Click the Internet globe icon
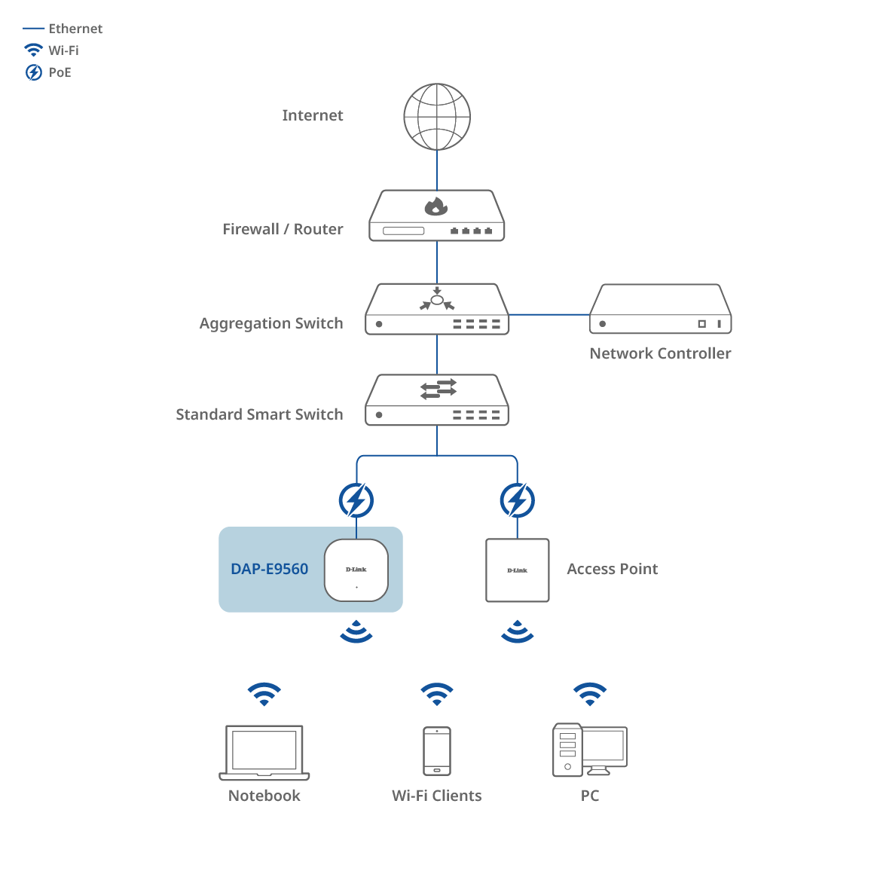coord(437,117)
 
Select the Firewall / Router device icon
coord(437,216)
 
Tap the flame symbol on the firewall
coord(436,206)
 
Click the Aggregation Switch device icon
coord(437,309)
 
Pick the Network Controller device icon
coord(660,309)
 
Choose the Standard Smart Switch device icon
coord(437,400)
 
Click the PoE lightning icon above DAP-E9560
coord(356,500)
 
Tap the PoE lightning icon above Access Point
coord(518,500)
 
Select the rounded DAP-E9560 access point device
coord(356,570)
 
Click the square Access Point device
coord(518,570)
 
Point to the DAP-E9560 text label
coord(270,570)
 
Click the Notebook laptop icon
coord(264,753)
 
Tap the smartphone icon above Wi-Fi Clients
coord(437,751)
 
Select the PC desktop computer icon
coord(590,750)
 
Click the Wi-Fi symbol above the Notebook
coord(264,694)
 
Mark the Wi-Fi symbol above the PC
coord(590,694)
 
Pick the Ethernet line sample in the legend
coord(34,29)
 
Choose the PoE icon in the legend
coord(34,72)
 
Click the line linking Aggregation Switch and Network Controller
coord(549,314)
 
